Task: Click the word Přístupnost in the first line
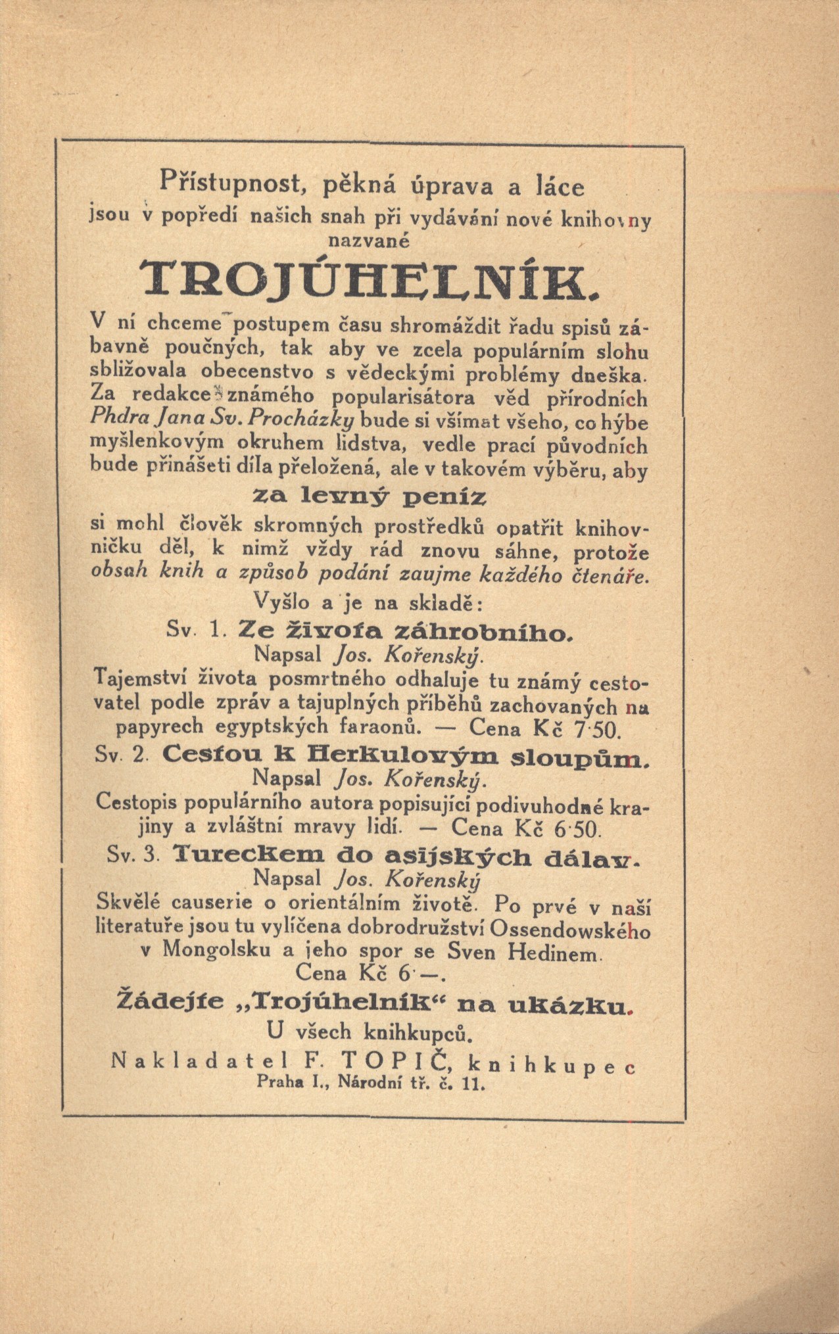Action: tap(231, 182)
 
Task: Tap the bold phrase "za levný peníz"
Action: tap(370, 498)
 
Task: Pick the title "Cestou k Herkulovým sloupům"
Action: tap(406, 755)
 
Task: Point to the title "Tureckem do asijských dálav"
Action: tap(407, 856)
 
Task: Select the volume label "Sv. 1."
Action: tap(197, 630)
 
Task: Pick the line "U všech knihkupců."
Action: tap(370, 1032)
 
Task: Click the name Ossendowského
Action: tap(570, 930)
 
